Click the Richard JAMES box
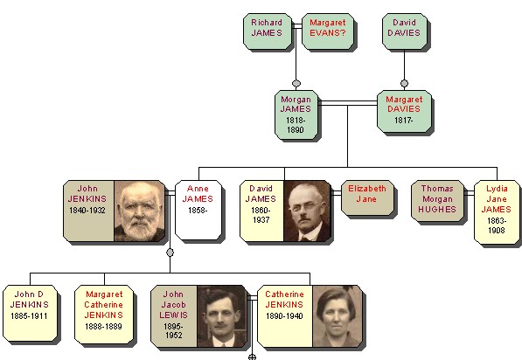(268, 31)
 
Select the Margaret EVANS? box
(328, 31)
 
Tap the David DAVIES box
(405, 31)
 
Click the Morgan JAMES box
(296, 114)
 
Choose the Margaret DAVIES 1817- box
(404, 111)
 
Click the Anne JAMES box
(198, 211)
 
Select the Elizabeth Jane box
(367, 197)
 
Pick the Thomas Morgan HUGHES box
(437, 201)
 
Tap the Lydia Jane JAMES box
(497, 212)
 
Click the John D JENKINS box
(30, 313)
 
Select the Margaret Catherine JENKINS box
(104, 314)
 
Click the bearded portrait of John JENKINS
(140, 211)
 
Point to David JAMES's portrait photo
(307, 211)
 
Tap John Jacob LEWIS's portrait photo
(222, 316)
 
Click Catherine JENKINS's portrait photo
(338, 316)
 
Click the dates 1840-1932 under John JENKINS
(87, 211)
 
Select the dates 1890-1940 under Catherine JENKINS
(284, 315)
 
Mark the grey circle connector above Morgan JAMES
(296, 84)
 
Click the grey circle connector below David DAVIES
(404, 84)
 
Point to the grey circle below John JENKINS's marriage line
(170, 253)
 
